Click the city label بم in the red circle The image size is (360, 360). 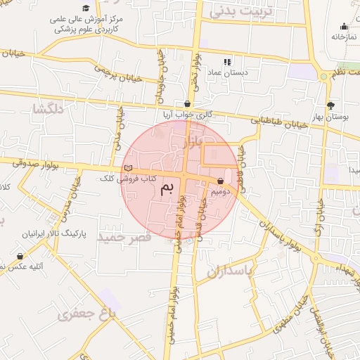[167, 188]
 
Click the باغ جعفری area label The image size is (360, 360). [87, 314]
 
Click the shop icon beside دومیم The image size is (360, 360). [221, 181]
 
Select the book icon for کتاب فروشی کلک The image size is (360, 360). [127, 168]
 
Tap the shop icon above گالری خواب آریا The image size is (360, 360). [187, 103]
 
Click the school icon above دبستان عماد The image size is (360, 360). [227, 61]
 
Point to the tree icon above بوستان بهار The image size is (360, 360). [340, 105]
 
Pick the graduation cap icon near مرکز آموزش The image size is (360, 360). [86, 8]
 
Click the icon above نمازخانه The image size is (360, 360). [343, 27]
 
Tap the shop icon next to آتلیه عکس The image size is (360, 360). [20, 257]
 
